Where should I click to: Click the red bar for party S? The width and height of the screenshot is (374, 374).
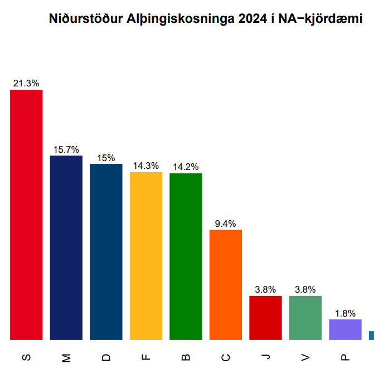pos(26,215)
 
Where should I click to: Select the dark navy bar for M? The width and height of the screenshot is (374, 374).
pos(66,247)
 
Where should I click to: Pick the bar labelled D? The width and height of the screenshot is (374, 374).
pos(106,251)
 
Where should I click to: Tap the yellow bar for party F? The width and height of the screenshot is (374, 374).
pos(146,256)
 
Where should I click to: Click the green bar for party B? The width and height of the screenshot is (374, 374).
pos(186,256)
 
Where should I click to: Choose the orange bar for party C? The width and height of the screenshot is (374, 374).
pos(226,284)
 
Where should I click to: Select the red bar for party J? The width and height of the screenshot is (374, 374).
pos(265,318)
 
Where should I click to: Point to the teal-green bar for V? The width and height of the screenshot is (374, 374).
pos(305,318)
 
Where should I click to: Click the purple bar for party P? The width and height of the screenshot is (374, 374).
pos(345,329)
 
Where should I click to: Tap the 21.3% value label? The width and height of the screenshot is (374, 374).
pos(26,84)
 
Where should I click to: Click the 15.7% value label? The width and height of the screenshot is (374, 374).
pos(66,150)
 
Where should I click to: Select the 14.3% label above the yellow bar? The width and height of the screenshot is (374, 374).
pos(146,166)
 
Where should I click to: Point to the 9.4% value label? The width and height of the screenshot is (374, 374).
pos(226,224)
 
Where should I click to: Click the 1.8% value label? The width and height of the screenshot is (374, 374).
pos(345,313)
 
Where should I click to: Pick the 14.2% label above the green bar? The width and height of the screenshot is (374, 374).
pos(186,167)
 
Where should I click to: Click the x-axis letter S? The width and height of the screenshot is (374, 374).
pos(26,357)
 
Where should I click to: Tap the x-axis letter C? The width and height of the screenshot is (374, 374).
pos(226,357)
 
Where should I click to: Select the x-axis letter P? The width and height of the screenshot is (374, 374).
pos(345,357)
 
